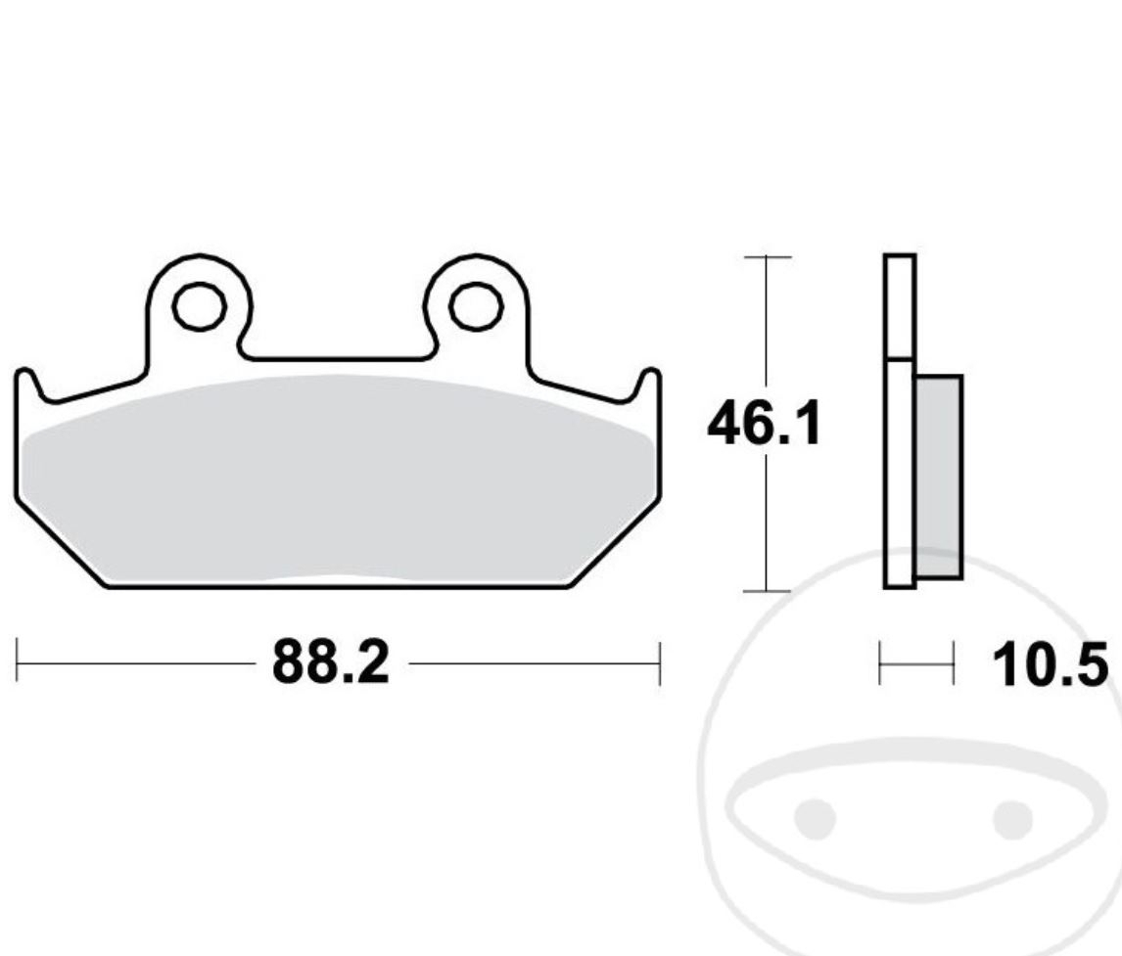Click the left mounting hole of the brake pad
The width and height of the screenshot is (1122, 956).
[198, 305]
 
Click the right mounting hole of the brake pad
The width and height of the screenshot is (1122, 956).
[476, 305]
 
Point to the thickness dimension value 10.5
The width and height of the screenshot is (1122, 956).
[1051, 666]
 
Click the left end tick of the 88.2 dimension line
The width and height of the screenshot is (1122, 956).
[17, 663]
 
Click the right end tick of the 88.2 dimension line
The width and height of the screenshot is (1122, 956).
[660, 663]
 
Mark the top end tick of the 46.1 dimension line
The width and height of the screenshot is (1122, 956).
[767, 256]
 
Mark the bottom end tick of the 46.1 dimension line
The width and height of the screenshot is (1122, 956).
[767, 591]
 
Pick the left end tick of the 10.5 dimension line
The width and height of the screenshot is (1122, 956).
[880, 663]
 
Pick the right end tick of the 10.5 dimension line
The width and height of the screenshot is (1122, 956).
[953, 663]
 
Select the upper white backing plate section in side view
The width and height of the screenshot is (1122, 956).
[899, 306]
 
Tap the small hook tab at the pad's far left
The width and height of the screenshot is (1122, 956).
[28, 386]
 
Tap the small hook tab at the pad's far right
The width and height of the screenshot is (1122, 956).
[647, 386]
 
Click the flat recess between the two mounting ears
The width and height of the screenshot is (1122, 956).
[337, 359]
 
